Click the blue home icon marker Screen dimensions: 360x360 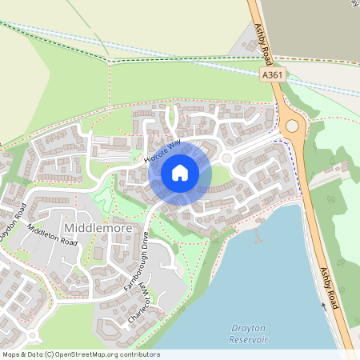(180, 172)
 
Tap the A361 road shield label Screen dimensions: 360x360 (272, 74)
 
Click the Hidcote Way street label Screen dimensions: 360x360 (164, 150)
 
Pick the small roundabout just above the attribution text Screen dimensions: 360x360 (31, 334)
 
